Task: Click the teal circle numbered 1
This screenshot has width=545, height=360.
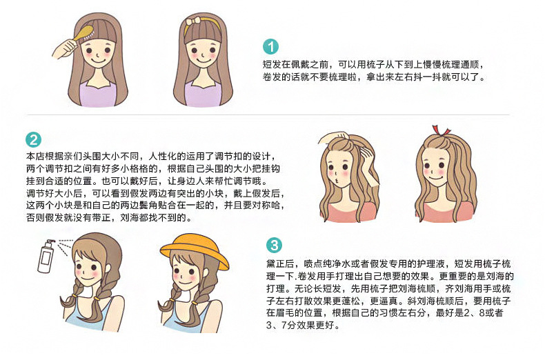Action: tap(270, 47)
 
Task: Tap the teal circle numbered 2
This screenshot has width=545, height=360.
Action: tap(33, 140)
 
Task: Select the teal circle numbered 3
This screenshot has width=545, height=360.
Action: tap(275, 246)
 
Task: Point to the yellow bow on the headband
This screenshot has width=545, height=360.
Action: tap(193, 21)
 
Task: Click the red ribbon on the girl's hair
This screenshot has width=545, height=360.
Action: tap(440, 130)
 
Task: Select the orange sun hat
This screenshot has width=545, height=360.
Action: tap(194, 250)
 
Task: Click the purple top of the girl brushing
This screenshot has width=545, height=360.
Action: tap(98, 94)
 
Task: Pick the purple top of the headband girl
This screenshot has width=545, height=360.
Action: tap(203, 94)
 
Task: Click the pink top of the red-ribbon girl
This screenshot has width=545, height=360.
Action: tap(445, 212)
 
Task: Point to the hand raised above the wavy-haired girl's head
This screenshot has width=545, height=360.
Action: tap(333, 138)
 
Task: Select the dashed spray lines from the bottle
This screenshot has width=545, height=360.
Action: tap(64, 246)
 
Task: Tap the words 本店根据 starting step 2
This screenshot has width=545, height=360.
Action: tap(44, 157)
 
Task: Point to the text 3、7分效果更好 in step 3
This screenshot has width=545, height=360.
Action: tap(301, 326)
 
